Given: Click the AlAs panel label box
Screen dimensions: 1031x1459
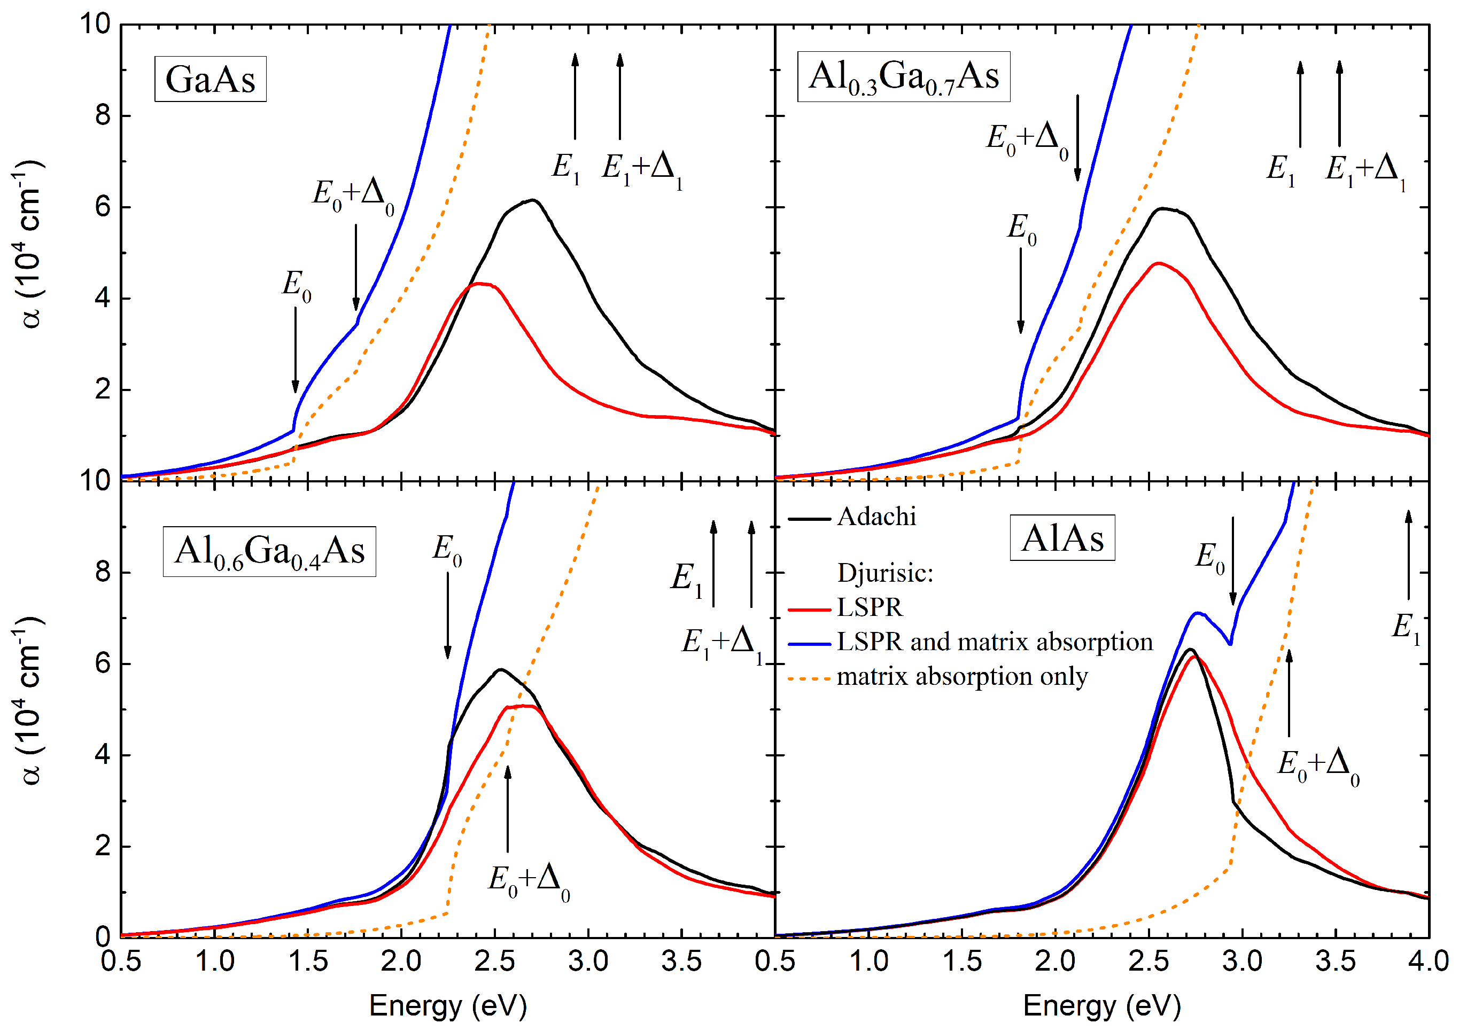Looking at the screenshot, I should [1062, 538].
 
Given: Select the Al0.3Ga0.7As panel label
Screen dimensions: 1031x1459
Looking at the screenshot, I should [904, 77].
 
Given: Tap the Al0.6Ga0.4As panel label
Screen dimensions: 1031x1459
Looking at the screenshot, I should [269, 551].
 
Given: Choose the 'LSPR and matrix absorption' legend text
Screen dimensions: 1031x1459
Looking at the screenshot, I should [995, 642].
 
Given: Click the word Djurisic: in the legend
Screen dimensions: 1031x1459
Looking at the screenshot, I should [885, 573].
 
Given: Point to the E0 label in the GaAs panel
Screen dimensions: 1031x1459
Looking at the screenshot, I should [297, 285].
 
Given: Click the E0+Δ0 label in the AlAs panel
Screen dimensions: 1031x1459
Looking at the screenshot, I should [1318, 766].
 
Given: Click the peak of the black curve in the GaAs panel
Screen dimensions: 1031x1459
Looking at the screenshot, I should [534, 201].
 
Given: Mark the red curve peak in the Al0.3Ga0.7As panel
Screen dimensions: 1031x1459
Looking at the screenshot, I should [1159, 263].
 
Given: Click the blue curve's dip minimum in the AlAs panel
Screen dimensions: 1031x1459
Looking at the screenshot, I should [1231, 644].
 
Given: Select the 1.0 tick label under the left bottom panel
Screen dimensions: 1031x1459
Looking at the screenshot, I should [214, 961].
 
